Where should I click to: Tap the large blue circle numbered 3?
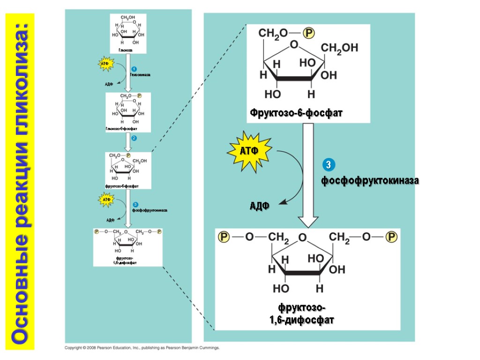329,165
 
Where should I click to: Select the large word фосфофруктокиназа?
369,180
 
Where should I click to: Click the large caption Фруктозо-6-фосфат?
296,113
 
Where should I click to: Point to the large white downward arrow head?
308,221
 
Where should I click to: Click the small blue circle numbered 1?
134,69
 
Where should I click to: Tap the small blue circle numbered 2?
134,138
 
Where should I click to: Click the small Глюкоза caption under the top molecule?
125,50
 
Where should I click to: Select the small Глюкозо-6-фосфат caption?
121,128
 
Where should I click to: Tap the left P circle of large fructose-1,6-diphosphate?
224,237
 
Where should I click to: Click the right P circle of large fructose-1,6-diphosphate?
391,237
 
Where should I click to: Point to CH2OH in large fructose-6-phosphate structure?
339,48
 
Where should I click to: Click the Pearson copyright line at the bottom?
142,348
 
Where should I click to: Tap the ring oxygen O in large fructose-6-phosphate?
294,45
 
